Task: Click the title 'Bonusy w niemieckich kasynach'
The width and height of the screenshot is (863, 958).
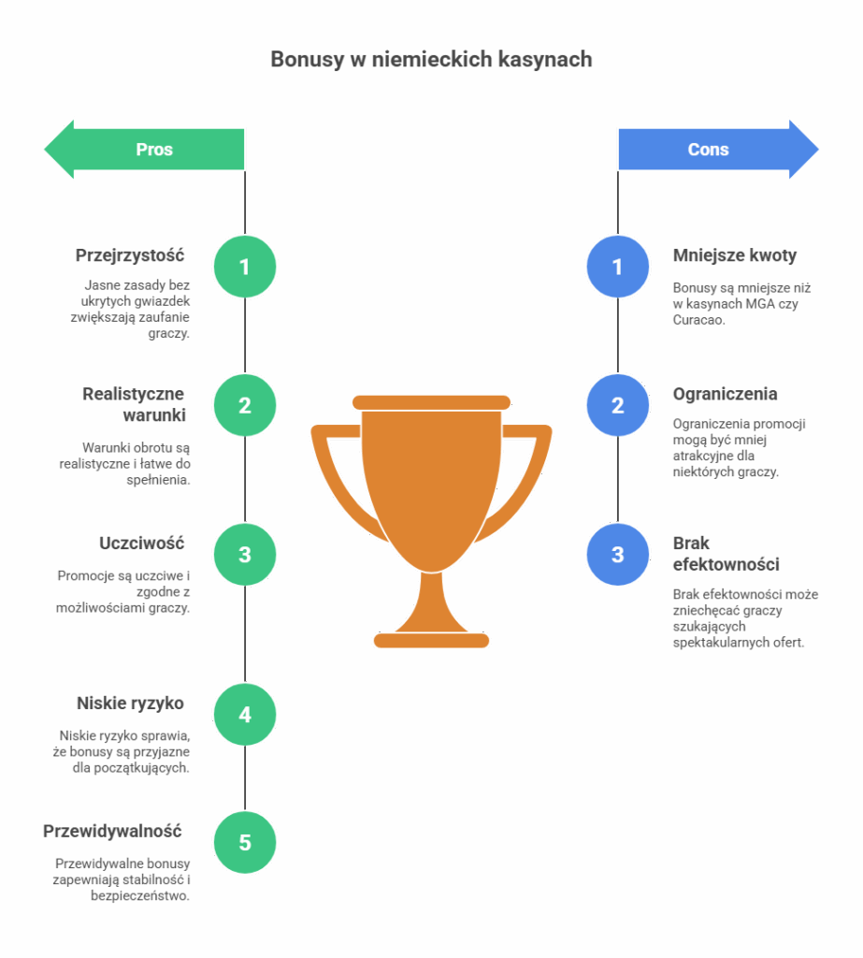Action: tap(431, 59)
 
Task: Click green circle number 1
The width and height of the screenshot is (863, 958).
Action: tap(245, 268)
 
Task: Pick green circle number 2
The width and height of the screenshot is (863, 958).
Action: tap(245, 405)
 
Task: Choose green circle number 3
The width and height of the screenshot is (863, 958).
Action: tap(245, 554)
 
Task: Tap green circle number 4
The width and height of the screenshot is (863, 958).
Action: tap(245, 715)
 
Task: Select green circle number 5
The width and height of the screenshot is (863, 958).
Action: tap(245, 842)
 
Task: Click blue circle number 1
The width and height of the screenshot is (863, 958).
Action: tap(617, 268)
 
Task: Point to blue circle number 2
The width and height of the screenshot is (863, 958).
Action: tap(617, 405)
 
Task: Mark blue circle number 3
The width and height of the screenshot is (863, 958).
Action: tap(617, 554)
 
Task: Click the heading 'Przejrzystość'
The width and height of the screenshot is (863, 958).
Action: tap(130, 255)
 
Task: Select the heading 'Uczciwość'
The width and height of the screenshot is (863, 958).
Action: tap(142, 544)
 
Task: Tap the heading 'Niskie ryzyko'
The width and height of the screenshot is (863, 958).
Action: tap(130, 704)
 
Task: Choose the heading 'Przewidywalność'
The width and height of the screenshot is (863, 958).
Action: tap(112, 831)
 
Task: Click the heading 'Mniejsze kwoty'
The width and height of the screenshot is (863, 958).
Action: tap(735, 255)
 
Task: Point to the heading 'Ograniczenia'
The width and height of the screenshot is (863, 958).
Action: tap(725, 394)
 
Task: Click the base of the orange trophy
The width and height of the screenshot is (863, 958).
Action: tap(431, 640)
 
